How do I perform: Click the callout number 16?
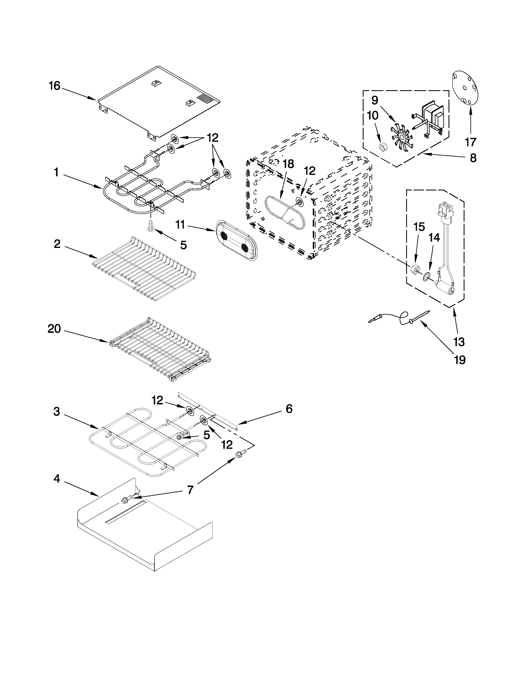(54, 86)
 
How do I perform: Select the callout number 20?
(54, 329)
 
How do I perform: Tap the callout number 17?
(471, 142)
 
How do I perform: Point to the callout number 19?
(460, 360)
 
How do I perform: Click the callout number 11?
(180, 225)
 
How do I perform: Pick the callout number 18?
(288, 164)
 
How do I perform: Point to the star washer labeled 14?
(427, 275)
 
